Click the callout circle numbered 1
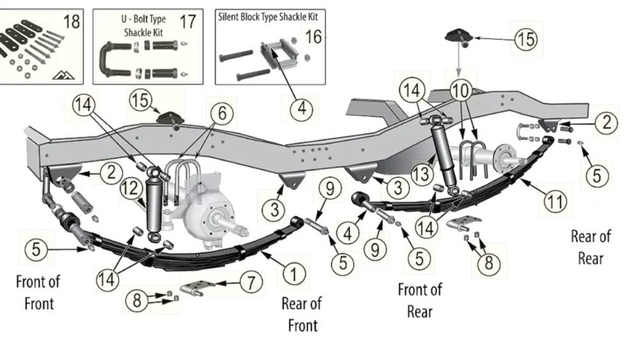[x=293, y=275]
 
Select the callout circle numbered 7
[x=251, y=281]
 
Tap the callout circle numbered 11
[x=555, y=203]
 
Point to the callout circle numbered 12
[x=130, y=188]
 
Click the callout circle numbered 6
[x=222, y=114]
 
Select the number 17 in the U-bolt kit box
[x=187, y=22]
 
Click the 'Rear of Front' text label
[x=302, y=314]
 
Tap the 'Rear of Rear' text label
[x=590, y=247]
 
